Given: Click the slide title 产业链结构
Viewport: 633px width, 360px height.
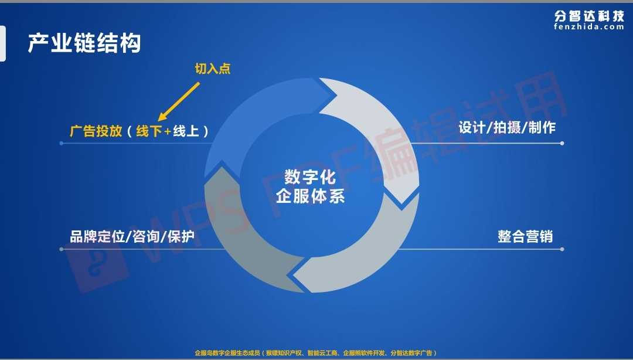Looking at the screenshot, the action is coord(84,43).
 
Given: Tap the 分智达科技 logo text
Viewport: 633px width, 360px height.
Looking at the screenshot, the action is coord(589,16).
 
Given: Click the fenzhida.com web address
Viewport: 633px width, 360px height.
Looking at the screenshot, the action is coord(589,26).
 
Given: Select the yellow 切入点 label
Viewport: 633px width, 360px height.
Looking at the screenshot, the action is coord(213,69).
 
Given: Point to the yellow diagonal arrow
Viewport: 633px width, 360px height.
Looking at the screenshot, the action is coord(178,101).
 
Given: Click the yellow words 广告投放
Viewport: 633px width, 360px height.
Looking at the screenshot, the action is coord(96,131).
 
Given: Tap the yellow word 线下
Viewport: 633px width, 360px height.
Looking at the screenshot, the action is coord(149,131).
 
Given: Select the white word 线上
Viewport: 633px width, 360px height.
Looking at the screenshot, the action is coord(186,131).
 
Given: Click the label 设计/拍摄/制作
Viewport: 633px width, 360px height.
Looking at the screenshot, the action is coord(507,128).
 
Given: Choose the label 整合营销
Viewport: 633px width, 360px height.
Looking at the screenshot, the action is coord(525,237).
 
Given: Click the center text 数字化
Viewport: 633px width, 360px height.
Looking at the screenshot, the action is coord(310,177).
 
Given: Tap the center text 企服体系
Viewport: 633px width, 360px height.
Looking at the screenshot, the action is coord(310,196).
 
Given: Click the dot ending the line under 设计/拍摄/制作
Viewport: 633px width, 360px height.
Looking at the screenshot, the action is coord(562,144).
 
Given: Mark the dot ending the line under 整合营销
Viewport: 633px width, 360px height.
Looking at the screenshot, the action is coord(562,249).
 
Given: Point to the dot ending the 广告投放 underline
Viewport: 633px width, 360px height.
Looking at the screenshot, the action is coord(62,144).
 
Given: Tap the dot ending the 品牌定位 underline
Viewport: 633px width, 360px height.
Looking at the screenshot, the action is coord(62,249).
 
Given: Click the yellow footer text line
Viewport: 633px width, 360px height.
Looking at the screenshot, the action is coord(316,353).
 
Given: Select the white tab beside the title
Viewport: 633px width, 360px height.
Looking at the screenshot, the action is coord(3,43).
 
